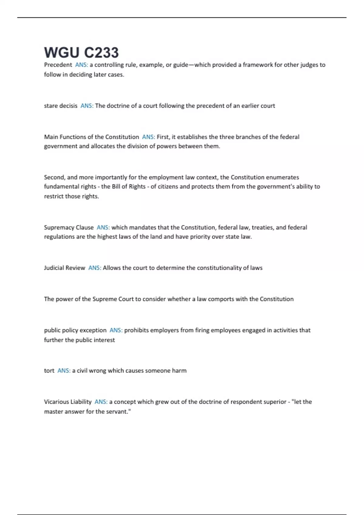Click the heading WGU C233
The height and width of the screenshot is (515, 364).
click(x=81, y=52)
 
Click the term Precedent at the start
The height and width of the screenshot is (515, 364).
click(x=58, y=65)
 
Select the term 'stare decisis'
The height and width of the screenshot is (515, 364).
click(x=61, y=106)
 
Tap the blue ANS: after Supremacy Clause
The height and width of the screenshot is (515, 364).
click(x=103, y=227)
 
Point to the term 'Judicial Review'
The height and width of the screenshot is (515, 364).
click(x=65, y=268)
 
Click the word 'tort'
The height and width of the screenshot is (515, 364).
click(x=49, y=370)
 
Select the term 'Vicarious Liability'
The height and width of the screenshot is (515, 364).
click(x=68, y=402)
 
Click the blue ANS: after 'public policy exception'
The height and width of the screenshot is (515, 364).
click(x=116, y=330)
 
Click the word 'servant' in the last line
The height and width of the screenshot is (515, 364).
click(x=116, y=411)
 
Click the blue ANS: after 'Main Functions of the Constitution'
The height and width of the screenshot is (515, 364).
click(x=148, y=137)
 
